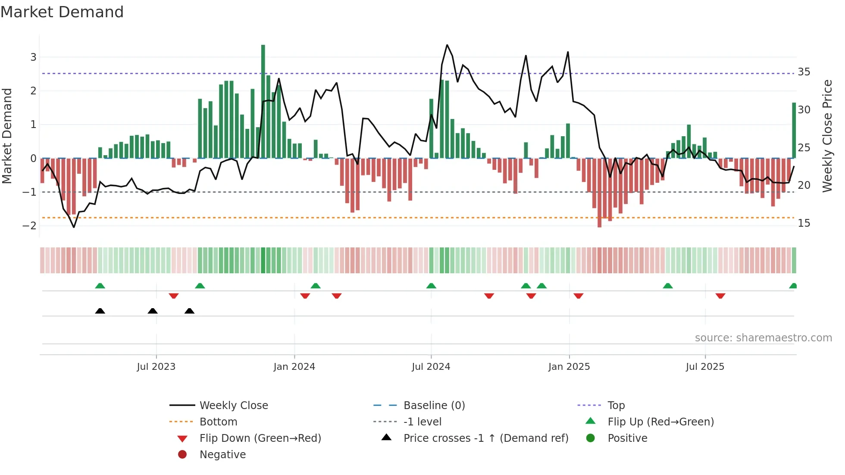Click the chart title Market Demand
coord(62,12)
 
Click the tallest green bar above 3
coord(263,101)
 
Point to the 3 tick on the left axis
coord(33,57)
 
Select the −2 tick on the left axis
coord(30,225)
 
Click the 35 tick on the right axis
coord(804,72)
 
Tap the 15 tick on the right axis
coord(804,223)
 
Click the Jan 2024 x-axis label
coord(294,367)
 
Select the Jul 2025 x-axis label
coord(705,367)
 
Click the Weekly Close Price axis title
coord(827,136)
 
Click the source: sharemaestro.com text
coord(763,338)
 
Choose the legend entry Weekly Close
coord(233,406)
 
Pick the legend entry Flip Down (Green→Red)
coord(260,438)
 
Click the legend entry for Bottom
coord(218,422)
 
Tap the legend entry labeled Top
coord(616,406)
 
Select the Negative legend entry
coord(222,455)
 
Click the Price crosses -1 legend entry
coord(485,438)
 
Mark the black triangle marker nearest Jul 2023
coord(153,311)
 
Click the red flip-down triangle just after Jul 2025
coord(720,296)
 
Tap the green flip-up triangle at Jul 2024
coord(431,286)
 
